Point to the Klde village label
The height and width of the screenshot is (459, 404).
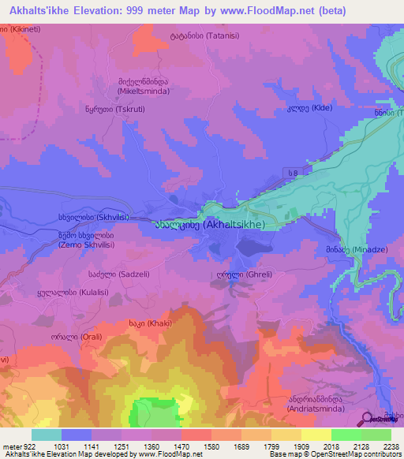[309, 107]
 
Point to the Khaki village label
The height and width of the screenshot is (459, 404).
[150, 323]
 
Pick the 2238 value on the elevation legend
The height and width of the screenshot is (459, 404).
[388, 446]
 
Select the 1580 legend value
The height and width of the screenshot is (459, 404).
[195, 446]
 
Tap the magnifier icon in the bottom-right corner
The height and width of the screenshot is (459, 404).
[367, 419]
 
